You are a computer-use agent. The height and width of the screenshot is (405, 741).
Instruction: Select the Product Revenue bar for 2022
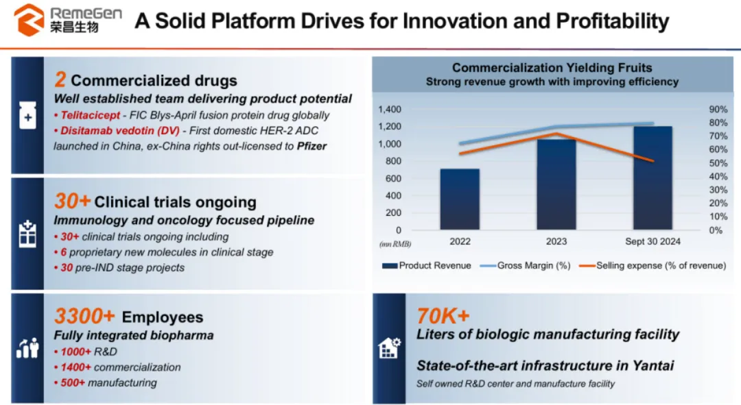460,199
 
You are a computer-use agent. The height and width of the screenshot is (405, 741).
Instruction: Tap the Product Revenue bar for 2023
556,185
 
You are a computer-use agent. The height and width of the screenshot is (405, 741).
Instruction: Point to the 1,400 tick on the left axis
389,109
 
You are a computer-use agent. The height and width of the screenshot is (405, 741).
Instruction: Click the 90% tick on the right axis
718,109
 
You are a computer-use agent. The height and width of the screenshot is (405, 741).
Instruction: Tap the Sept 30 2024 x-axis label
652,242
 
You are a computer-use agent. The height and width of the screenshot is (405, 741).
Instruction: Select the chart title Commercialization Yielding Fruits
552,68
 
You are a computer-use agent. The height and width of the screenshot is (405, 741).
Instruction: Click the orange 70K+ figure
443,315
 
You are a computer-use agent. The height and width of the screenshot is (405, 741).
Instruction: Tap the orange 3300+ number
84,316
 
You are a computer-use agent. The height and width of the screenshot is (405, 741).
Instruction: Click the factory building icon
389,349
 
